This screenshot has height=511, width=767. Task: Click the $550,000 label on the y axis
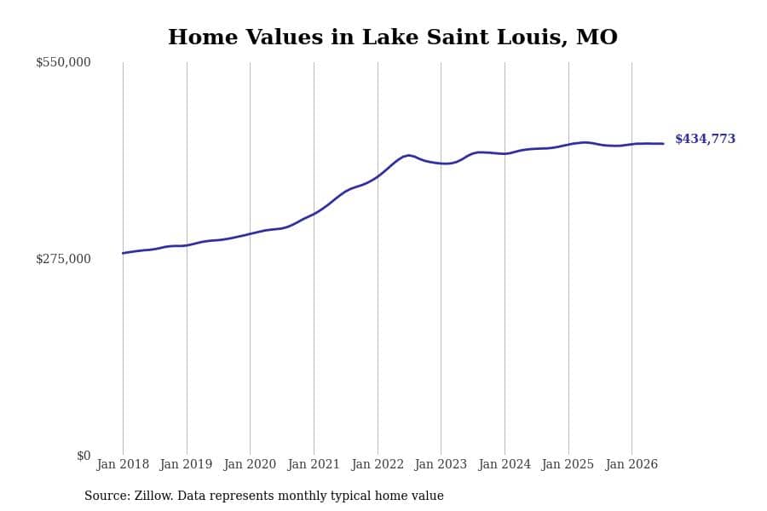(63, 62)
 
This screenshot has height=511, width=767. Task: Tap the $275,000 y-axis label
(63, 259)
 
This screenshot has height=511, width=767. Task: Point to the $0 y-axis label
(84, 456)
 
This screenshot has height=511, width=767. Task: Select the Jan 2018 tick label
(123, 464)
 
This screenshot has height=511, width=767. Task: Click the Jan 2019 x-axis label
(187, 464)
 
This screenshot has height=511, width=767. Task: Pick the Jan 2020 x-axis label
(250, 464)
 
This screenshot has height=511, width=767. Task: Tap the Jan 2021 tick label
(314, 464)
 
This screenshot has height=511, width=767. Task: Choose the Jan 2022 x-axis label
(378, 464)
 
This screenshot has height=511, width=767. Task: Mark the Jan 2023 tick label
(441, 464)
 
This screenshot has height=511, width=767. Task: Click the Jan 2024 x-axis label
(505, 464)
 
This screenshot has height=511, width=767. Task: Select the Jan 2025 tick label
(568, 464)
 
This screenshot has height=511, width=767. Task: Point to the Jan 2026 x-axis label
(631, 464)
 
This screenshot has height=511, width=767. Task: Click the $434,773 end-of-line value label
(706, 139)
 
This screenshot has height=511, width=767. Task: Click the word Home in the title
(203, 37)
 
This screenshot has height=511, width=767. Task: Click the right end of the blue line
(663, 144)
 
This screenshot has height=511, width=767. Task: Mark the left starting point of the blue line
(123, 253)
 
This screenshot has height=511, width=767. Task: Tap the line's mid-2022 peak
(408, 156)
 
